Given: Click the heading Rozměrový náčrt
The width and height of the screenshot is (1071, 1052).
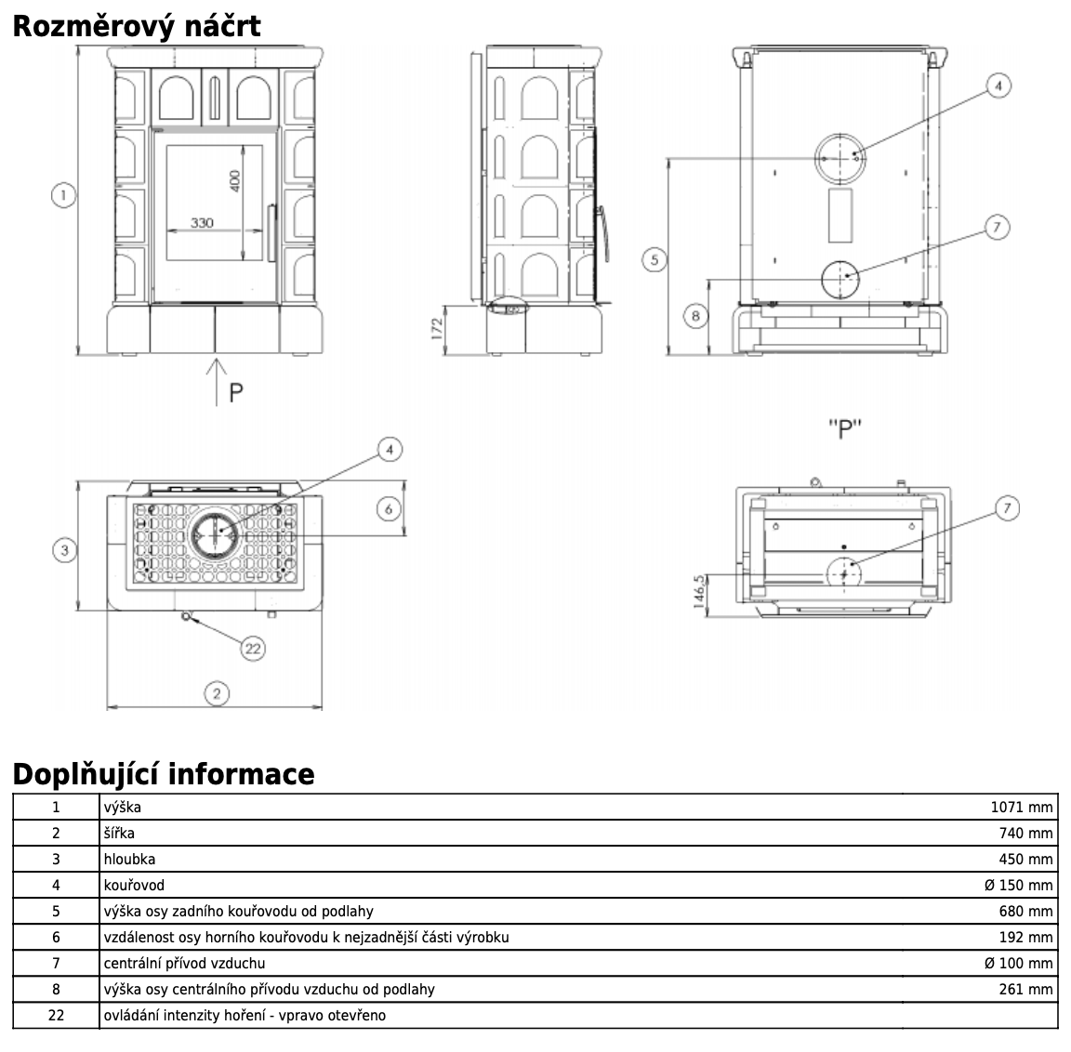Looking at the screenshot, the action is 137,27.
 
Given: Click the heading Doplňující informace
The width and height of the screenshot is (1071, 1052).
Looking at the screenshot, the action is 164,774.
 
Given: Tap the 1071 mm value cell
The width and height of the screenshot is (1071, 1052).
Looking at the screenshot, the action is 1021,807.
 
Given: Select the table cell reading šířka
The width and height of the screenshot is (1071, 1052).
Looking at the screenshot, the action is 119,833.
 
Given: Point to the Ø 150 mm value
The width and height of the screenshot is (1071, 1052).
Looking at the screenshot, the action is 1018,886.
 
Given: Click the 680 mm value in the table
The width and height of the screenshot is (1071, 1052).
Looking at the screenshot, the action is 1026,912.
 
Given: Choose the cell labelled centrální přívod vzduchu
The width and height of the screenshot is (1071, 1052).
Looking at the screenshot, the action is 184,964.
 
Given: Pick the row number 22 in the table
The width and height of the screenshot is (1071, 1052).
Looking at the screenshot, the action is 56,1015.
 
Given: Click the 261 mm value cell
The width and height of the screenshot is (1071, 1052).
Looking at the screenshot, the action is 1026,989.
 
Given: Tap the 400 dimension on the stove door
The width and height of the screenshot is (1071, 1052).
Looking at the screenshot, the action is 235,181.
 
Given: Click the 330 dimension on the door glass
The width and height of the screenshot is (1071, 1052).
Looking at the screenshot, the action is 202,222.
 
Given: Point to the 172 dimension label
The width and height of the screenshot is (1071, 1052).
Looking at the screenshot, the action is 437,328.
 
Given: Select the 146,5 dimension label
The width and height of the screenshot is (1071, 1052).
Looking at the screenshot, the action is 699,591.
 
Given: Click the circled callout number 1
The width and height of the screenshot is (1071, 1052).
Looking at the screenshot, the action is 63,195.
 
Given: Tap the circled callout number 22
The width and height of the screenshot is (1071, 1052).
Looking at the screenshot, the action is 253,649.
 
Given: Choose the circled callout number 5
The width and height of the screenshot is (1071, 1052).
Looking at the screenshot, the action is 654,259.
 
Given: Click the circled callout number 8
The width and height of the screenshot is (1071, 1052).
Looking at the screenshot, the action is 695,316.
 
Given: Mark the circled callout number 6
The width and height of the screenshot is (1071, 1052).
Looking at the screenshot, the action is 389,508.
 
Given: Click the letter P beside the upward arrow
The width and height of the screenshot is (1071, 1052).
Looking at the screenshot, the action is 235,392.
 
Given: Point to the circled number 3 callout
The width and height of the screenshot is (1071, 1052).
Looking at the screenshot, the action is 65,550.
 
